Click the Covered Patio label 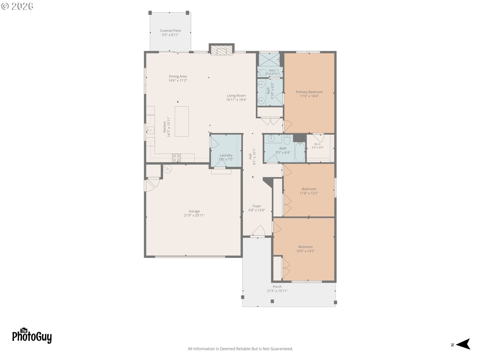click(170, 31)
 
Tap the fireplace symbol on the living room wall click(221, 50)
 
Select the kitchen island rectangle click(182, 121)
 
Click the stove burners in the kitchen click(176, 158)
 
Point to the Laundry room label click(226, 155)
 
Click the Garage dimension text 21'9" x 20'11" click(194, 215)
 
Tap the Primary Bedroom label click(309, 92)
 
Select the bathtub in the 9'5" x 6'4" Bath click(300, 152)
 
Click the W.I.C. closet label click(318, 144)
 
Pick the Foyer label click(257, 206)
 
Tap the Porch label click(277, 287)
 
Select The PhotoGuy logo click(32, 336)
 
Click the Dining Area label click(178, 76)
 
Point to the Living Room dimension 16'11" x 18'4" click(236, 100)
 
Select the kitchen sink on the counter click(150, 130)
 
